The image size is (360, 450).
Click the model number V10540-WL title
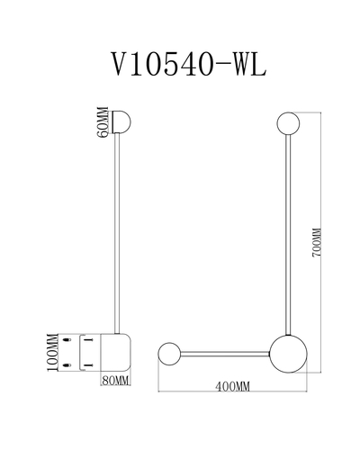[189, 64]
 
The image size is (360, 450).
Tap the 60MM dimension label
[103, 122]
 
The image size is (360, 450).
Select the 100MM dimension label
[52, 352]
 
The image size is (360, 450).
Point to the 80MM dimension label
[115, 381]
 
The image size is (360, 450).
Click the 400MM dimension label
[232, 387]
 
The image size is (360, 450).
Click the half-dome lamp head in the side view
[121, 121]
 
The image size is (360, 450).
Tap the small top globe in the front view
[288, 123]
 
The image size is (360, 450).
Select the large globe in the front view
[288, 354]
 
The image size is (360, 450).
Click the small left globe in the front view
[169, 354]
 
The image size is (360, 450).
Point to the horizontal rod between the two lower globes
[225, 354]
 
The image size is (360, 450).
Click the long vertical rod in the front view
[288, 235]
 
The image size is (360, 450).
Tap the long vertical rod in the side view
[117, 233]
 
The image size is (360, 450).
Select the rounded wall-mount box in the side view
[115, 352]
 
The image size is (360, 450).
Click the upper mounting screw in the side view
[67, 340]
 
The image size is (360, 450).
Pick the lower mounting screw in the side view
[67, 365]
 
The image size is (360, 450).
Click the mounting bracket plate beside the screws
[80, 353]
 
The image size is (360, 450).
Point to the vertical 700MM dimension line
[321, 242]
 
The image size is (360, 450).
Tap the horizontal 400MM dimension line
[232, 391]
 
